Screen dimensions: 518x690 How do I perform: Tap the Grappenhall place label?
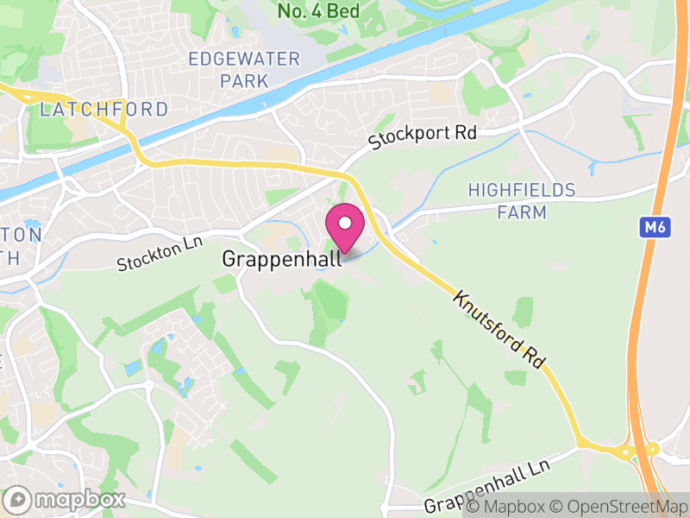coord(282,258)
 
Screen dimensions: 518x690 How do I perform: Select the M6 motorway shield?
coord(655,227)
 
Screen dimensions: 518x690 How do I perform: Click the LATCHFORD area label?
coord(103,110)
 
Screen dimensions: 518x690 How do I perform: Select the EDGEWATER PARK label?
coord(244,70)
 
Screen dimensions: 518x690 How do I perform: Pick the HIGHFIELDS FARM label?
coord(520,200)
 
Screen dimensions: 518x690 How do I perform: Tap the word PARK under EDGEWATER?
coord(244,80)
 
